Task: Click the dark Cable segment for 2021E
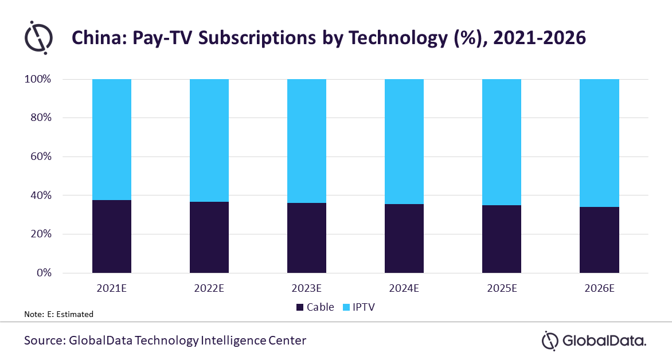click(x=112, y=236)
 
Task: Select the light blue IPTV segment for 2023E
click(x=307, y=141)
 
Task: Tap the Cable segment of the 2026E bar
click(x=599, y=240)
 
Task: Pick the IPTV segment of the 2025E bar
click(x=502, y=142)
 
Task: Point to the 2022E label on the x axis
click(x=209, y=288)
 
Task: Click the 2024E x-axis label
click(x=404, y=288)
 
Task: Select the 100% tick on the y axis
click(x=38, y=79)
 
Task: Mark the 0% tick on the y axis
click(x=44, y=273)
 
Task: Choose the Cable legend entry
click(x=315, y=307)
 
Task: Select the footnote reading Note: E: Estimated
click(x=58, y=314)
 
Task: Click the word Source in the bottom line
click(x=44, y=341)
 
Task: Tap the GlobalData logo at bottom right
click(x=594, y=341)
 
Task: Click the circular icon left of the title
click(x=38, y=37)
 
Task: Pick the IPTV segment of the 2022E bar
click(x=209, y=140)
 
